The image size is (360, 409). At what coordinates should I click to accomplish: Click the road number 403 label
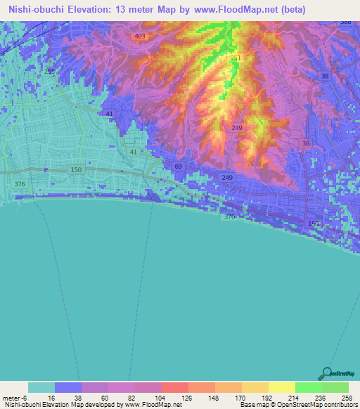click(x=139, y=36)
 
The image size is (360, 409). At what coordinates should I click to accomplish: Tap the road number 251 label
click(x=236, y=58)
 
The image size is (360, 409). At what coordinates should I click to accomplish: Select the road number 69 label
click(x=178, y=166)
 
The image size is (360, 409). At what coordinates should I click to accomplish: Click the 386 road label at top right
click(x=345, y=22)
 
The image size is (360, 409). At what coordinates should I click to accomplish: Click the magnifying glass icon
click(x=327, y=373)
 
